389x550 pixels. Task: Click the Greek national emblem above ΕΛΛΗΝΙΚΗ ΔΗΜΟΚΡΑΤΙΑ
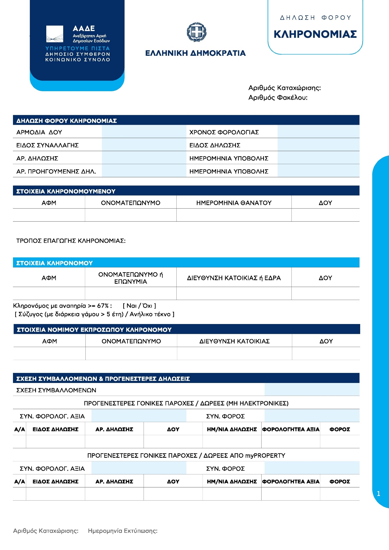[x=196, y=32]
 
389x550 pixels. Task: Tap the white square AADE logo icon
[x=55, y=34]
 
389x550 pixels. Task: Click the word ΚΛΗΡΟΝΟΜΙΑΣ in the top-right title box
[x=315, y=34]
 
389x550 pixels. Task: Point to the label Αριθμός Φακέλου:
[x=278, y=98]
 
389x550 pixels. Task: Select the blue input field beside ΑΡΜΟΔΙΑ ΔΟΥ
[x=144, y=132]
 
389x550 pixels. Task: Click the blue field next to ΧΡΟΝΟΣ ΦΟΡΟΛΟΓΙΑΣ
[x=318, y=132]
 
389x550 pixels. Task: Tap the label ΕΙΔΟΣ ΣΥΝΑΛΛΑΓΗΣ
[x=48, y=145]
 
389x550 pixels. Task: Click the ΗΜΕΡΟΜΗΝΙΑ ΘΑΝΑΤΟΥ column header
[x=234, y=203]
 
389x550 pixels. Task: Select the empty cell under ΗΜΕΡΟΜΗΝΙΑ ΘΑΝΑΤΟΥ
[x=234, y=215]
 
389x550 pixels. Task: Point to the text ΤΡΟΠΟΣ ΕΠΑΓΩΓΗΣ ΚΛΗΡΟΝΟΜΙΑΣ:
[x=71, y=241]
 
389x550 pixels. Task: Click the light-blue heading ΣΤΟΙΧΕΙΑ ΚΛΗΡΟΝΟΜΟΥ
[x=54, y=263]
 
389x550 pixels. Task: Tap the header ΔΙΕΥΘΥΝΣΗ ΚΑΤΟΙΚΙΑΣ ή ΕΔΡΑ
[x=234, y=278]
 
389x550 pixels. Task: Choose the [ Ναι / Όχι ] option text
[x=139, y=306]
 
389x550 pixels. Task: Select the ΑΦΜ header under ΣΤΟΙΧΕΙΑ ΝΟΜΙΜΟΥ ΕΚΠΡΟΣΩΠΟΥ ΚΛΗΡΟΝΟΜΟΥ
[x=49, y=341]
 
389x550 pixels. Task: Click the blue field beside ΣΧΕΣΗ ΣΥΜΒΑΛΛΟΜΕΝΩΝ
[x=312, y=390]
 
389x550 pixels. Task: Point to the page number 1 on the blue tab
[x=378, y=493]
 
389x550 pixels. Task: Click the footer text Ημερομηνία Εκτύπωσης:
[x=123, y=531]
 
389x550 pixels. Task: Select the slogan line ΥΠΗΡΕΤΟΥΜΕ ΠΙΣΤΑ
[x=77, y=48]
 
